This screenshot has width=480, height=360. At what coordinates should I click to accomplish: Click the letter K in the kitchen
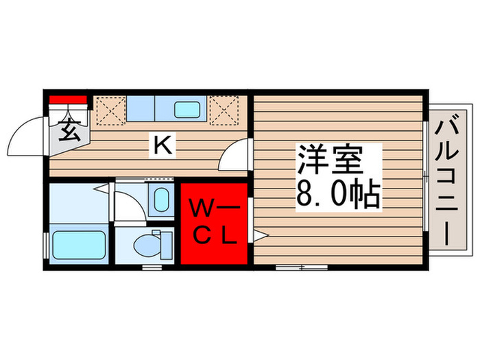(162, 145)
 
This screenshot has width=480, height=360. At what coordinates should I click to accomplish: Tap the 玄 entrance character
(68, 128)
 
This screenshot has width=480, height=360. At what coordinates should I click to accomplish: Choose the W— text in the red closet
(213, 206)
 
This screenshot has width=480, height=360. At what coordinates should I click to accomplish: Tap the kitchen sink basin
(187, 109)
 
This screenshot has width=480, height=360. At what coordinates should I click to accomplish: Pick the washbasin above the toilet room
(160, 200)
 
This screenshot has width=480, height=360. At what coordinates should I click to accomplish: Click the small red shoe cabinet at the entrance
(68, 100)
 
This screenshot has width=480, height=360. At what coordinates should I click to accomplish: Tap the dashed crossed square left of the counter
(108, 110)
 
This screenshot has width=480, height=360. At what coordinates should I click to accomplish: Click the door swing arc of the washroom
(126, 206)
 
